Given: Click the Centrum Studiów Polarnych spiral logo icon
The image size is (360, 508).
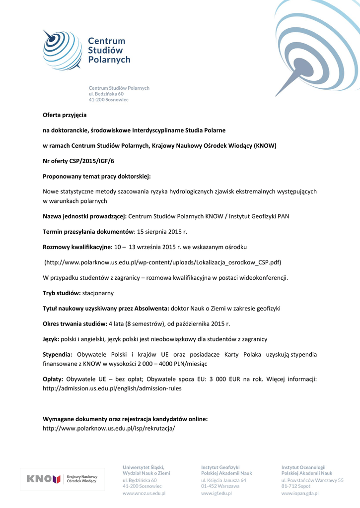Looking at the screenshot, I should point(61,49).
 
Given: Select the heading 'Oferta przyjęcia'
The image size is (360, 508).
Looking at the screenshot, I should point(65,115).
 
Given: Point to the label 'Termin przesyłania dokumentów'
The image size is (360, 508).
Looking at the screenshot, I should point(88,232).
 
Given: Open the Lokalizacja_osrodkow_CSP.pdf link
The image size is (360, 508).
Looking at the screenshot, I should point(163,262).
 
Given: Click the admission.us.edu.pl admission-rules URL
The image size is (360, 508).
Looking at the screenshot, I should point(112,388).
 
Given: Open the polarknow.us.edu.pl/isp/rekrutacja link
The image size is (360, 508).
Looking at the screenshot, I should point(109,428).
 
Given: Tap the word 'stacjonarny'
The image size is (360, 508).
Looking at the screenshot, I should point(98,293).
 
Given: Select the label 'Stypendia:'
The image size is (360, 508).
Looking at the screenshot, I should point(58,354).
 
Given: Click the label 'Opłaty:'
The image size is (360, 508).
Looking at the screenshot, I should point(53,379).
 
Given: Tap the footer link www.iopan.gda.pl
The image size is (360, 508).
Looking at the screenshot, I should point(299,494).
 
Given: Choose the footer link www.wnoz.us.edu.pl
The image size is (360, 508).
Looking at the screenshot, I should point(144,494).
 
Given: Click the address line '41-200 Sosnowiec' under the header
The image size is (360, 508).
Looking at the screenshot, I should point(108,100).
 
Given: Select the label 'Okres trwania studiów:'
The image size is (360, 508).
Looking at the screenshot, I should point(75,324).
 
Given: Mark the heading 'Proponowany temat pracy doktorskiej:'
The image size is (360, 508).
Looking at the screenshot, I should point(97,176).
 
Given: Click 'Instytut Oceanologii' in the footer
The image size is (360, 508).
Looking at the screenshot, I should point(303,467).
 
